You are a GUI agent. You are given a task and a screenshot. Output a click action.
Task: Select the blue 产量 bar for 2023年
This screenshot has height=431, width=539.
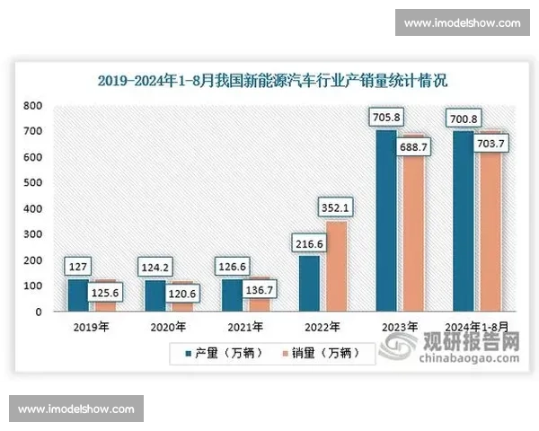[x=385, y=224]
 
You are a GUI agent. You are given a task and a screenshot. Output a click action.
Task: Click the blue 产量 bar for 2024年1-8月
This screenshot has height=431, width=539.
[x=464, y=224]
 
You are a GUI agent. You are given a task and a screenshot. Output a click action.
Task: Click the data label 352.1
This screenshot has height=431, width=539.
[x=335, y=207]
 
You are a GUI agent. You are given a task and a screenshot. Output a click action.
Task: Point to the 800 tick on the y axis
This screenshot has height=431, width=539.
[x=32, y=106]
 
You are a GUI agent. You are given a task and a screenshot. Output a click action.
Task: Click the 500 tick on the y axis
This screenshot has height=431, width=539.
[x=32, y=183]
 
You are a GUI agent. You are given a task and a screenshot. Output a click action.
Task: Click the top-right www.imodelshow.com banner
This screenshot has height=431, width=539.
[x=463, y=22]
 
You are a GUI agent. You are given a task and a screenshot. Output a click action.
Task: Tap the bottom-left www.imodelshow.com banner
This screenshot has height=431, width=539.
[x=75, y=409]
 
